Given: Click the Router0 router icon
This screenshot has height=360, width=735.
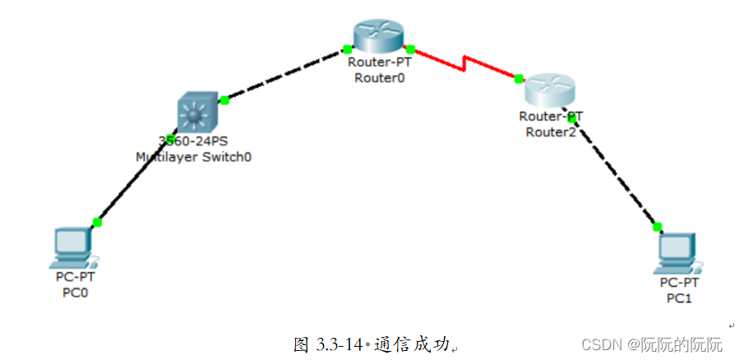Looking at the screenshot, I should click(x=379, y=35).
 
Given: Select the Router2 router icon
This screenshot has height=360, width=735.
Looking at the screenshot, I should click(x=552, y=88).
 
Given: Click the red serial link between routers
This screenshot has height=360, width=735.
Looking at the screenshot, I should click(x=465, y=63).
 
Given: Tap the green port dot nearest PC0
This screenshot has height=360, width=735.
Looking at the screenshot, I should click(x=97, y=222).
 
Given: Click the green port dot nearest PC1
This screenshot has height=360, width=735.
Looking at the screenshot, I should click(x=658, y=227).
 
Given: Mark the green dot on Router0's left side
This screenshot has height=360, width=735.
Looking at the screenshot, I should click(x=348, y=50).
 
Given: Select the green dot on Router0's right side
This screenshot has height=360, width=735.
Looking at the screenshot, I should click(x=410, y=49).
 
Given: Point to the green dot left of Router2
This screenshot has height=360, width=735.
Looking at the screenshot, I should click(x=519, y=79).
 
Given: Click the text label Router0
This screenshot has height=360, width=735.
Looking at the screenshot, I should click(x=379, y=78).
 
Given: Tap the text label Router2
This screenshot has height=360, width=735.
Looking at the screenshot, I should click(x=551, y=132).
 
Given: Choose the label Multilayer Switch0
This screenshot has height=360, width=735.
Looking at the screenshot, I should click(x=193, y=156).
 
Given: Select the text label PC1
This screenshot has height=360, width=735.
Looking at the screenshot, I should click(x=678, y=298).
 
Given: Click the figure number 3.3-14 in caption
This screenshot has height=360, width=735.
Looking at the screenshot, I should click(x=340, y=345).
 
